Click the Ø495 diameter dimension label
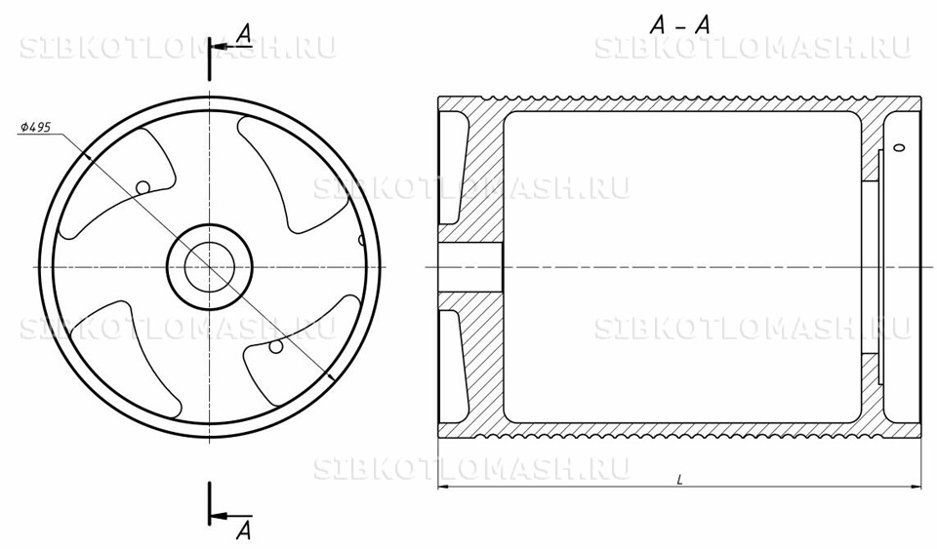[x=35, y=127]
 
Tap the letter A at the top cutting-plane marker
[x=243, y=33]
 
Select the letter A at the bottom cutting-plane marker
[x=244, y=529]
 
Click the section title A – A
[x=680, y=25]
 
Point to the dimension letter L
[x=680, y=479]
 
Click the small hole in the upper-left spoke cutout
[x=143, y=187]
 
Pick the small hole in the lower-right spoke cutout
[x=275, y=346]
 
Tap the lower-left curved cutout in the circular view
[x=126, y=358]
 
